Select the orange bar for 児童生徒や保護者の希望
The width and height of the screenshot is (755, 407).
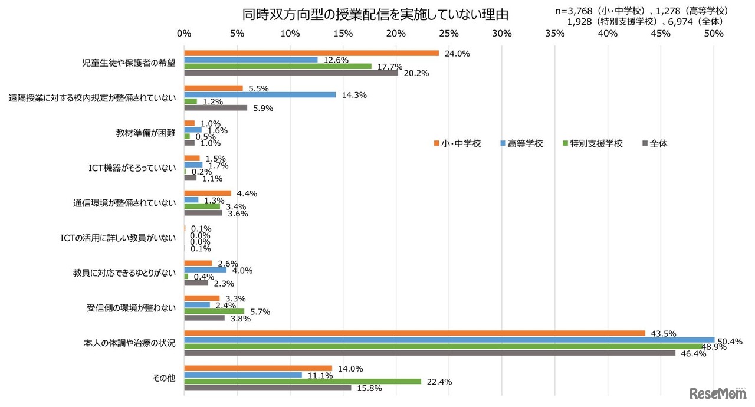[311, 53]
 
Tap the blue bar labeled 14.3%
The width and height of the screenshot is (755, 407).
[260, 95]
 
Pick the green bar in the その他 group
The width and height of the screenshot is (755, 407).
[303, 382]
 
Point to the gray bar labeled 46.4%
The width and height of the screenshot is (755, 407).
[429, 353]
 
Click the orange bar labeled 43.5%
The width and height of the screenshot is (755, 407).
[414, 333]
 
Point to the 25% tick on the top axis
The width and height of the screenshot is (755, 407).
[449, 34]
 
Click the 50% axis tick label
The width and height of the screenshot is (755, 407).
[714, 34]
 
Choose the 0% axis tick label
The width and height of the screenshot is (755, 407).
[185, 34]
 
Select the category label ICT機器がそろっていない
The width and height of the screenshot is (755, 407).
[128, 168]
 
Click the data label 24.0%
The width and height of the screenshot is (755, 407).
[457, 54]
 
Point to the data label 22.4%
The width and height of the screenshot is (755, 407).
[439, 382]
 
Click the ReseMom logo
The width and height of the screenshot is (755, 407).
[715, 393]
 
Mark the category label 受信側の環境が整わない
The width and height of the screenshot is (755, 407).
[131, 308]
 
